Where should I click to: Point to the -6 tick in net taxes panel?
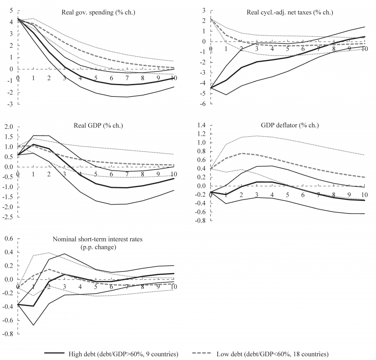tap(202, 104)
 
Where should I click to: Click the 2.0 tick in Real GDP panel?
tap(9, 127)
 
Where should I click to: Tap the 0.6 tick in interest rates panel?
tap(9, 239)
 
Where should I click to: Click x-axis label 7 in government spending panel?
tap(127, 78)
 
